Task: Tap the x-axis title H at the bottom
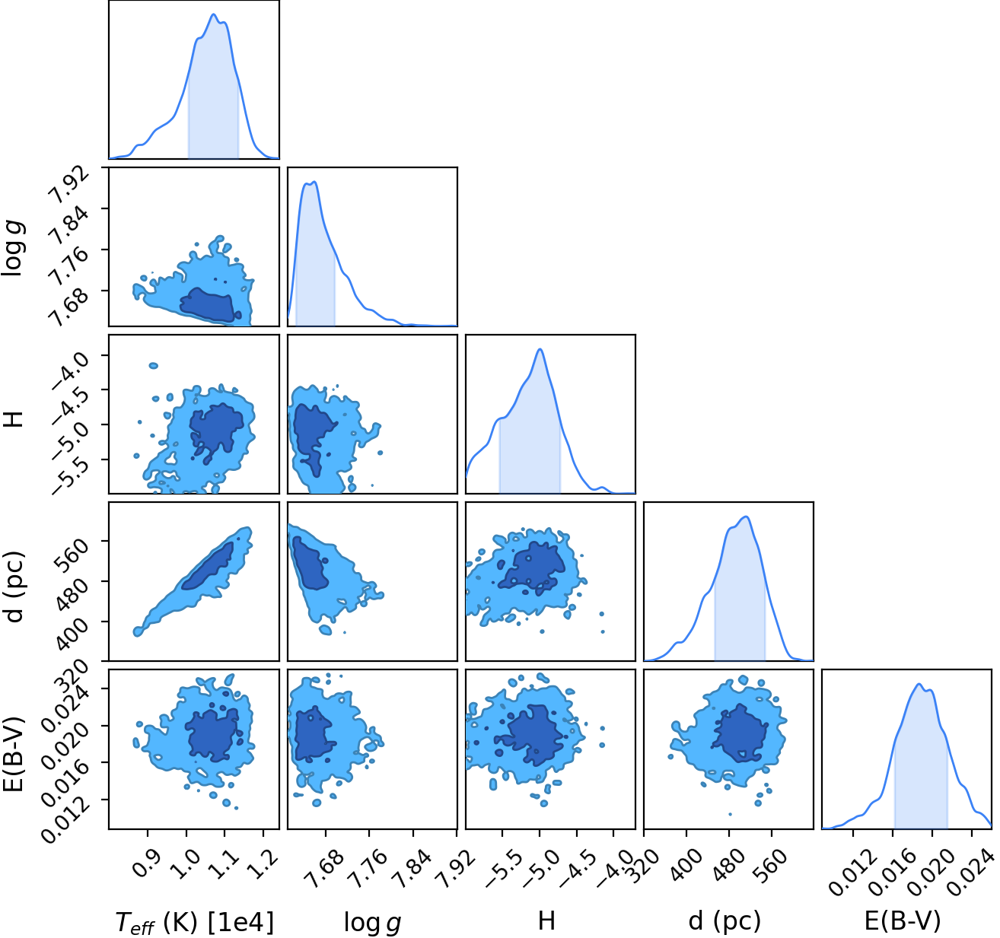coord(546,921)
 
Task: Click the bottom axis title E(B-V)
coord(903,921)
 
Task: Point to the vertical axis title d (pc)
coord(16,587)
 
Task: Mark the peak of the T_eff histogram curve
coord(213,14)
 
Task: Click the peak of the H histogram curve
coord(540,349)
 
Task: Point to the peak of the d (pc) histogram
coord(747,517)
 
